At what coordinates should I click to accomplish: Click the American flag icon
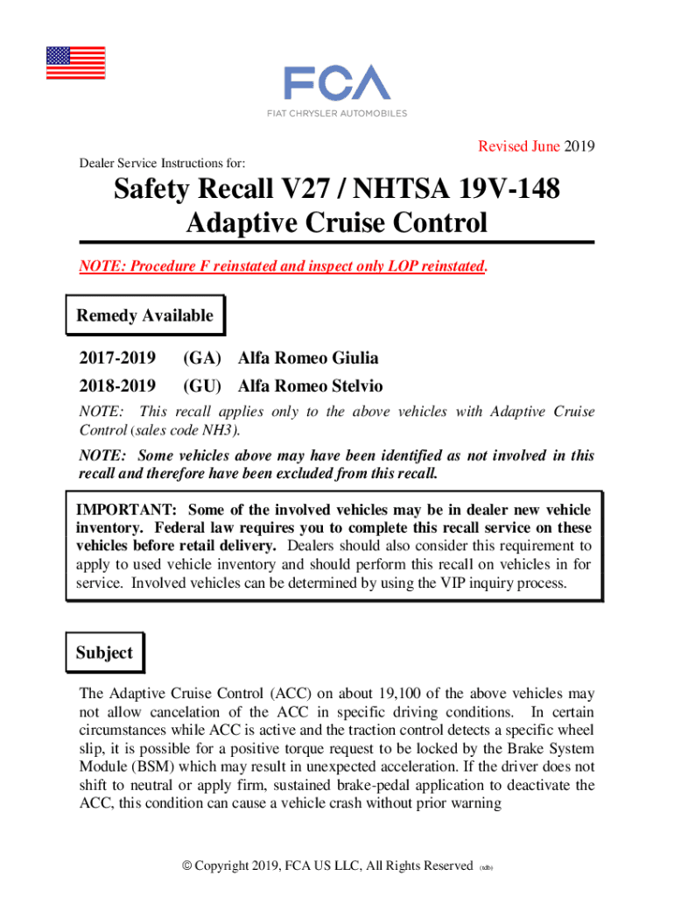tap(75, 63)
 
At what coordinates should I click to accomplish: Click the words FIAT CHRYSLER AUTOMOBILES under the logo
tap(337, 114)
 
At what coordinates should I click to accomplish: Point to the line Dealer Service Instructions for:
tap(162, 163)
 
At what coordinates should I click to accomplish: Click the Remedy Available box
tap(145, 316)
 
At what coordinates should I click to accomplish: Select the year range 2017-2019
tap(117, 358)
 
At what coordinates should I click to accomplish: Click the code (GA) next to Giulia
tap(202, 358)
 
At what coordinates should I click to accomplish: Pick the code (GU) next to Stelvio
tap(202, 386)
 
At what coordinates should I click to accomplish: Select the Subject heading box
tap(104, 653)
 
